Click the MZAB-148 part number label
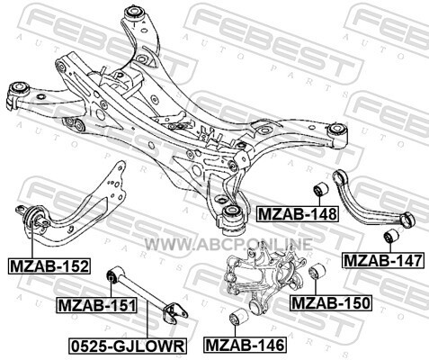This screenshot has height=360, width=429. coord(297,214)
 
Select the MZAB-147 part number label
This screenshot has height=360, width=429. coord(383,260)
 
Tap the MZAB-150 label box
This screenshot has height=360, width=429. coord(331,303)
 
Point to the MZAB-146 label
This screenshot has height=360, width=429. coord(245,345)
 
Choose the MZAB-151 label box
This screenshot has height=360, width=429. coord(96,305)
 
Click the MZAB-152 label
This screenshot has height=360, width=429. coord(49,266)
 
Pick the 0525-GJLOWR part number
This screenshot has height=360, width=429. coord(128,346)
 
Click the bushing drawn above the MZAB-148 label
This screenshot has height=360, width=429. coord(320,189)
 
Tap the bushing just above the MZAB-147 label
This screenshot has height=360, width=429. coord(391,237)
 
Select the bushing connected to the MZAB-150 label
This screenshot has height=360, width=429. coord(317,271)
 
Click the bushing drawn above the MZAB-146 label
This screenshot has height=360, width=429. coord(239,317)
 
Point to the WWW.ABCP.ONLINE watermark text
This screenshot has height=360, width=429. coord(228,245)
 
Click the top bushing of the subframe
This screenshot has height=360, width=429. coord(135,13)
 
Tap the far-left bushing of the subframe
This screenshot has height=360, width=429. coord(19,89)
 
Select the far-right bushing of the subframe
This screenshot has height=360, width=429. coord(336,130)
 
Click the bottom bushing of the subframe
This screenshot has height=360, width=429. coord(232,215)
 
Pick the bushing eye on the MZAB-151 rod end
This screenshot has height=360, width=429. coord(112,274)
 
